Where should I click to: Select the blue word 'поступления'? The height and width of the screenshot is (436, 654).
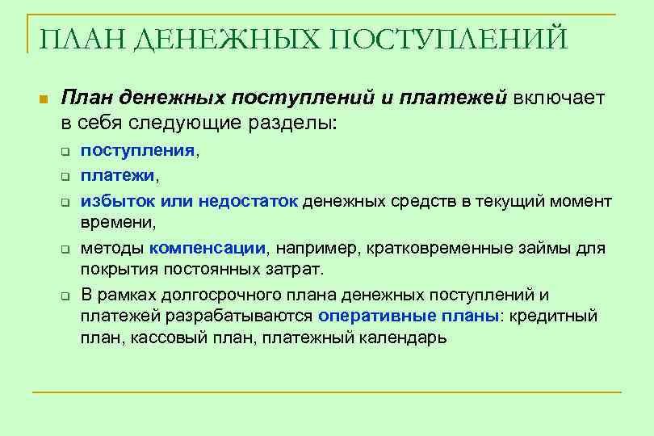[137, 150]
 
